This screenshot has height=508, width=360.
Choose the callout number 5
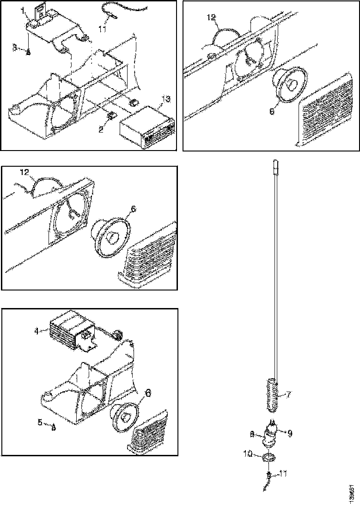pos(40,422)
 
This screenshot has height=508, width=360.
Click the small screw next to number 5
pos(54,427)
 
